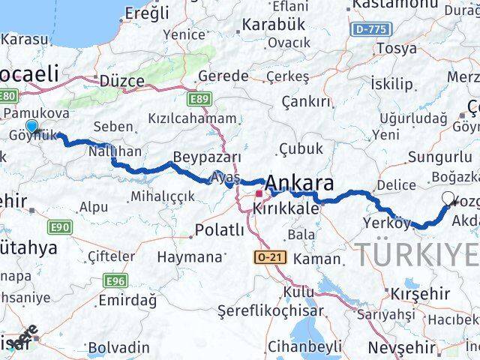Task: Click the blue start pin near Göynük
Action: pos(31,127)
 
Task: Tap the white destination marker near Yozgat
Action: pos(449,199)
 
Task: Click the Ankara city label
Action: pos(300,183)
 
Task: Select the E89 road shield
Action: pos(199,97)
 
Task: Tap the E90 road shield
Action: pos(60,226)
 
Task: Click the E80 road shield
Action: pos(8,96)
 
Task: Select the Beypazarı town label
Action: pos(207,157)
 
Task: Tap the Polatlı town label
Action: pos(217,229)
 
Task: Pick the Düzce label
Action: pos(121,81)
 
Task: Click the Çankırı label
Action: pos(305,101)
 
